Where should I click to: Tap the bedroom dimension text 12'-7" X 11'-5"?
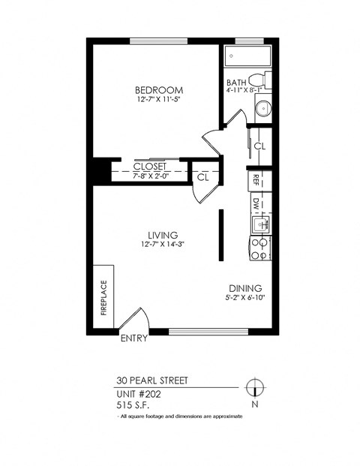point(160,100)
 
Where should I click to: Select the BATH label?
point(236,83)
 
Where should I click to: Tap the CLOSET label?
point(149,166)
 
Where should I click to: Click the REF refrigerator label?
point(256,179)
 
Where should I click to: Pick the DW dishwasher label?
point(256,203)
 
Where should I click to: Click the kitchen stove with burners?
point(260,248)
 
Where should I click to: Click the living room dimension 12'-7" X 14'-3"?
point(160,245)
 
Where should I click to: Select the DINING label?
point(245,288)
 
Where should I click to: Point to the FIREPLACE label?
point(103,298)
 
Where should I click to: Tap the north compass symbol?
point(256,388)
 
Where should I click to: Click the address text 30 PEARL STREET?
point(152,380)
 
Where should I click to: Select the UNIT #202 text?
point(139,393)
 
